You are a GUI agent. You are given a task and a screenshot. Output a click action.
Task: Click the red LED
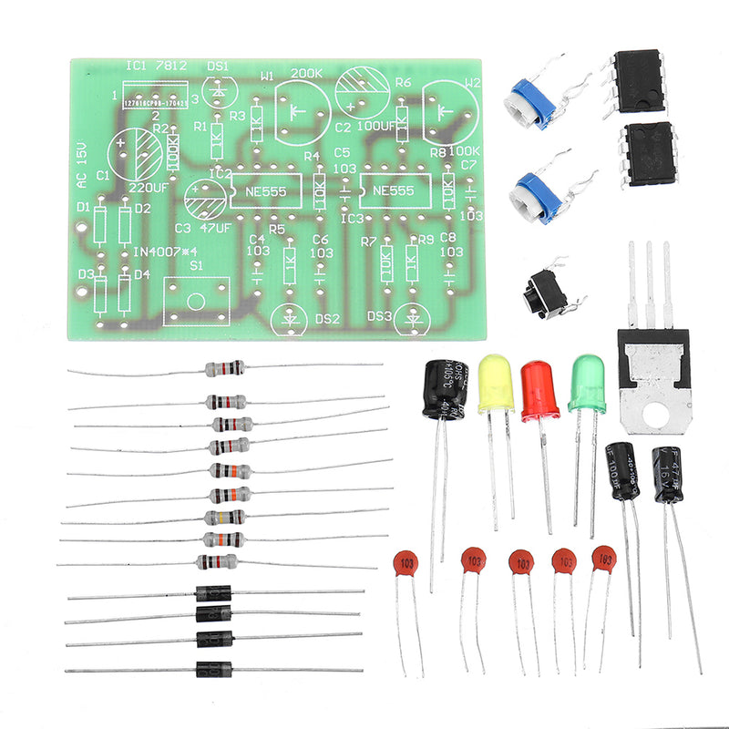click(539, 390)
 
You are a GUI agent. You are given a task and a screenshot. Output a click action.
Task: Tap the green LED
click(586, 384)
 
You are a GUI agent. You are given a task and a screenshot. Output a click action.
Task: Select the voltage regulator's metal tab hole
click(653, 415)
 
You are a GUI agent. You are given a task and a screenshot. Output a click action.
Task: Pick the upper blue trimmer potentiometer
click(532, 101)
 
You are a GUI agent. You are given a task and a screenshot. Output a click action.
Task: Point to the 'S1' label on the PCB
click(195, 266)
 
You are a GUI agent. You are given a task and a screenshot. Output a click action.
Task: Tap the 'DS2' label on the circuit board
click(325, 318)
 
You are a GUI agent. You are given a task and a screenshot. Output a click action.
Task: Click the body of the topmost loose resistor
click(224, 368)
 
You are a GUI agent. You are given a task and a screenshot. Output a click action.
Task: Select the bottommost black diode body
click(214, 668)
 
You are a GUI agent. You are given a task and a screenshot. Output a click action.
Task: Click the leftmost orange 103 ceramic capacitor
click(405, 562)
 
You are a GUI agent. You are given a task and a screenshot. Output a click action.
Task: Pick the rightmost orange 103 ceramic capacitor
click(603, 558)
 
